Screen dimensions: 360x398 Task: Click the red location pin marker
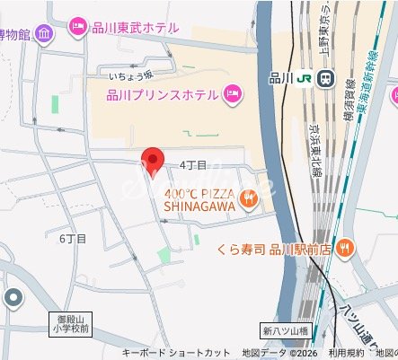153,162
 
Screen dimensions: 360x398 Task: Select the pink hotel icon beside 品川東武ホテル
78,28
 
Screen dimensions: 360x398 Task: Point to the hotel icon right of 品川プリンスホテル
234,93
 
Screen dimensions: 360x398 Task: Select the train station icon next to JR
324,78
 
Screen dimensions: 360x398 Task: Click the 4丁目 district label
193,165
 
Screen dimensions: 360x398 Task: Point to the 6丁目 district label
73,239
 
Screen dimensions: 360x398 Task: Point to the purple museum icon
44,34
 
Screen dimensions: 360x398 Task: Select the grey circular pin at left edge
13,298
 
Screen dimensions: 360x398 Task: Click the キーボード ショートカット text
176,353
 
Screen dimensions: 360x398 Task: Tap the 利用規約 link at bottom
345,353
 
